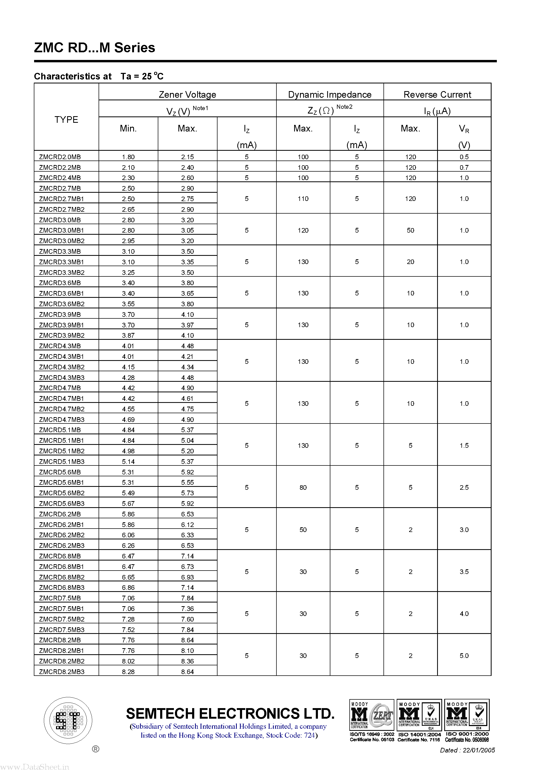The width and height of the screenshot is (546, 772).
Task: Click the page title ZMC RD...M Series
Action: pyautogui.click(x=95, y=48)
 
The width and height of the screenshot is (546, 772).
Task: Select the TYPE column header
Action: pyautogui.click(x=66, y=119)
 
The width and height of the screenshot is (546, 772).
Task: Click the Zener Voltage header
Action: pyautogui.click(x=187, y=95)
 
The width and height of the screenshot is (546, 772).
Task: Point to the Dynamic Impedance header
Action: pyautogui.click(x=330, y=95)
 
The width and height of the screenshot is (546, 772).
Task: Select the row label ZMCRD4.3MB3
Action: pyautogui.click(x=62, y=378)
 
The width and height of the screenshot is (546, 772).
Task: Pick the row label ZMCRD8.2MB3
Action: pyautogui.click(x=62, y=671)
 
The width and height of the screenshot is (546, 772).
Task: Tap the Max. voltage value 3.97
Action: pyautogui.click(x=187, y=325)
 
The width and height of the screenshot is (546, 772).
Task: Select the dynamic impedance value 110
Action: pyautogui.click(x=303, y=199)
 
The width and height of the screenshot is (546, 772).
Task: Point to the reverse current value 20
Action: pyautogui.click(x=410, y=262)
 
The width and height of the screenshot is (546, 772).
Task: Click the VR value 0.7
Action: pyautogui.click(x=464, y=167)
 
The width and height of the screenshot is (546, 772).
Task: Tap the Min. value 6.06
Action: pyautogui.click(x=128, y=535)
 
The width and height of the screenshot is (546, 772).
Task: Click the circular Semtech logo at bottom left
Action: pyautogui.click(x=68, y=721)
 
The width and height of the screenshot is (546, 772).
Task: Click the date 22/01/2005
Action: pyautogui.click(x=478, y=750)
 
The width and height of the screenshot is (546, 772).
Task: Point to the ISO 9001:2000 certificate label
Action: pyautogui.click(x=467, y=734)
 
